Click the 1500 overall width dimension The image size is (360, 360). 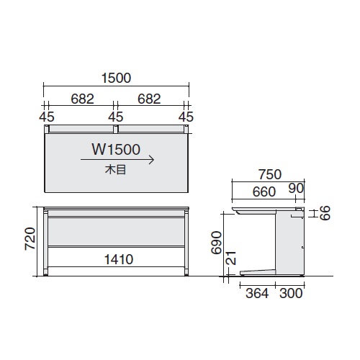(116, 78)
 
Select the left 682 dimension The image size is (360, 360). (82, 99)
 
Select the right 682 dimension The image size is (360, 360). (149, 99)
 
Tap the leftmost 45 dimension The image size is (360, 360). (47, 117)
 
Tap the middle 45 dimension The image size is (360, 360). (116, 117)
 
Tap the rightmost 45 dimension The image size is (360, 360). (186, 117)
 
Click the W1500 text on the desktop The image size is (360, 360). (116, 149)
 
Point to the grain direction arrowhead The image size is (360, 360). (152, 160)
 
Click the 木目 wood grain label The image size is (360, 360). (115, 170)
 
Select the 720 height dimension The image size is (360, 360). (30, 239)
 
